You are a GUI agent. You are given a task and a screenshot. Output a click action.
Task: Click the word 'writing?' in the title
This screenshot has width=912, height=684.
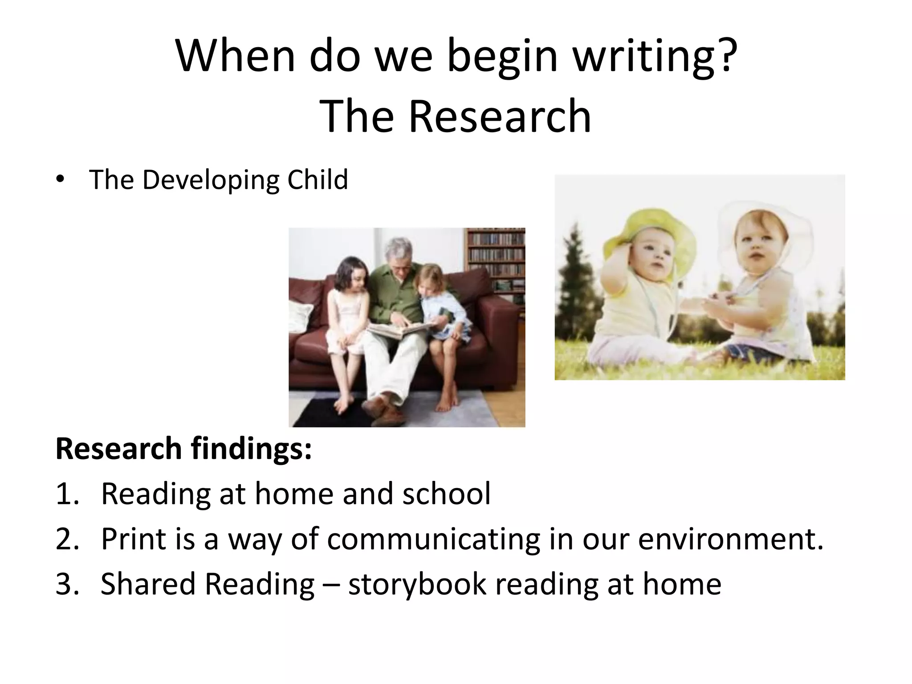[x=654, y=57]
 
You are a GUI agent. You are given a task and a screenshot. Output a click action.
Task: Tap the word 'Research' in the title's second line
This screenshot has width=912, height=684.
[x=500, y=117]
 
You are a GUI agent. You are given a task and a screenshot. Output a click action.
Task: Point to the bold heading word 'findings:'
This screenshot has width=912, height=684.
[x=252, y=449]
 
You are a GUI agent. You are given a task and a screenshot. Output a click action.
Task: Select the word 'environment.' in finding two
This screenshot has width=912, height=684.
[x=731, y=539]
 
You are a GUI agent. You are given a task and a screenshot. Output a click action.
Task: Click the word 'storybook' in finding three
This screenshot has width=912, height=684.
[x=417, y=585]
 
